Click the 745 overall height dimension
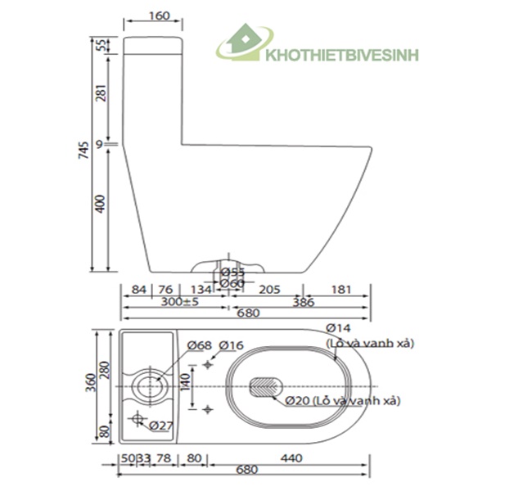(83, 151)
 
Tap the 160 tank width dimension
(160, 16)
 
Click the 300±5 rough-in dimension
(179, 302)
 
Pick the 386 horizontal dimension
(304, 302)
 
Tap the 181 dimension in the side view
(342, 289)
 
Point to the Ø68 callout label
(200, 345)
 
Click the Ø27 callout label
(161, 426)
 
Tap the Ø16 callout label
(232, 345)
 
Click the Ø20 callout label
(300, 401)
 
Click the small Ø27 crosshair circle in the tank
(137, 421)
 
